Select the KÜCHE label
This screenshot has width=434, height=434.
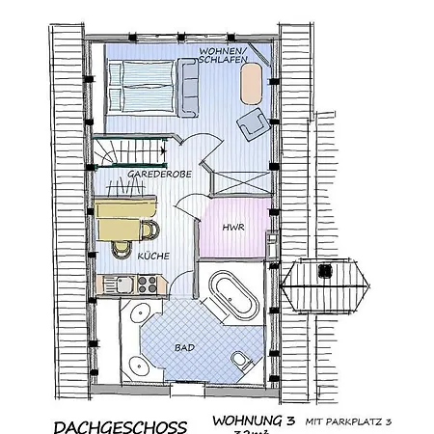pos(153,257)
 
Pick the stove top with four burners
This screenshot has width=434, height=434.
pos(148,284)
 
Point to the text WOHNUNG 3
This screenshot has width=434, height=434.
pos(252,421)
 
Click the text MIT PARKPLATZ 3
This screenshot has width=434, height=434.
pos(348,422)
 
